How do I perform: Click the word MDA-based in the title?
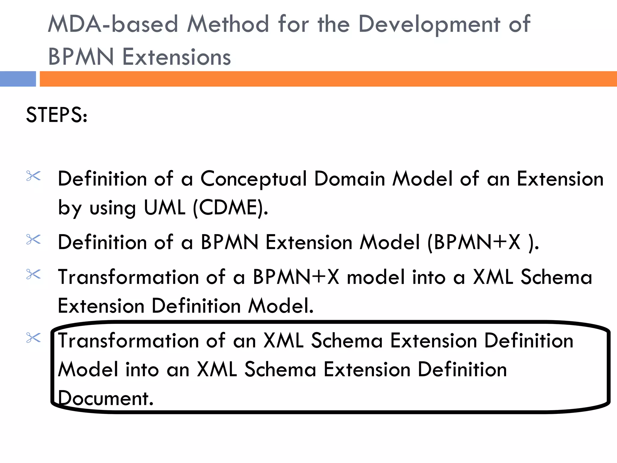click(113, 24)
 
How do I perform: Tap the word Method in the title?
click(228, 24)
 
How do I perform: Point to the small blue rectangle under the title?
click(18, 79)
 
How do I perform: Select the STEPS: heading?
click(57, 115)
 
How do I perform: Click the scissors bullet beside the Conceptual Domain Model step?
click(33, 176)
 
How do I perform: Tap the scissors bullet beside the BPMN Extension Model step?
click(33, 240)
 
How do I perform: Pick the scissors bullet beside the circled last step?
click(33, 338)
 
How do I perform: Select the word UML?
click(164, 208)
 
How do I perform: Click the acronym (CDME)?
click(230, 208)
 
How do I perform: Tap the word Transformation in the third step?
click(128, 277)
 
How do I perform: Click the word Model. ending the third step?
click(281, 306)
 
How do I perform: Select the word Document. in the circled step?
click(105, 398)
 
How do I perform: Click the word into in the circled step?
click(142, 370)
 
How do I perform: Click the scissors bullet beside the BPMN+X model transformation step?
click(33, 274)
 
